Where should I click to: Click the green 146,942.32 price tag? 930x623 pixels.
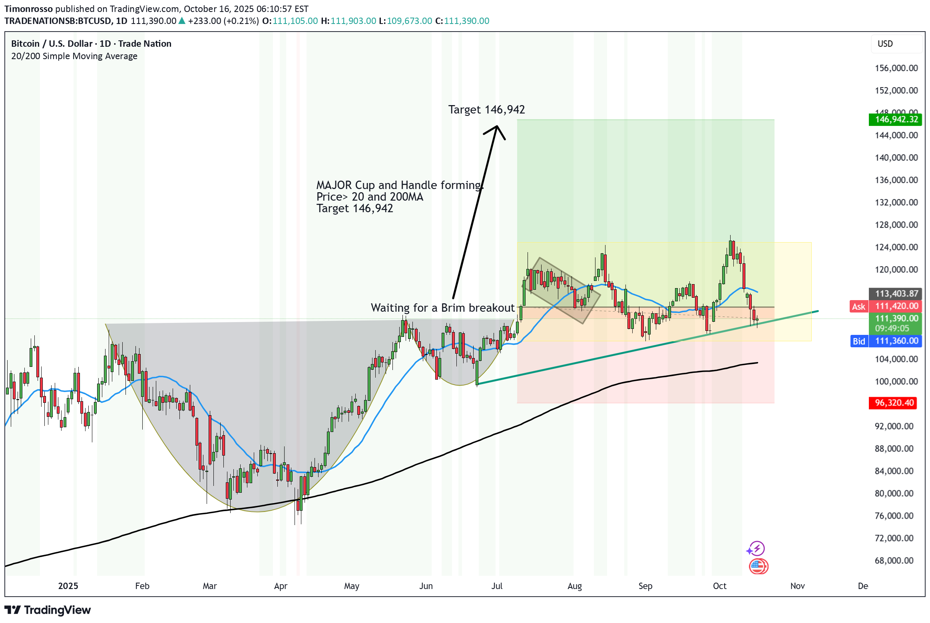(896, 119)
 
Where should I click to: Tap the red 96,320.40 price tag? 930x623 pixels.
(893, 403)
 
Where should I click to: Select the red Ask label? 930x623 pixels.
(858, 307)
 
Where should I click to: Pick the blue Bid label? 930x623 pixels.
(859, 341)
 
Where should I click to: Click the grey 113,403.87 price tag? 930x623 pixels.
(896, 294)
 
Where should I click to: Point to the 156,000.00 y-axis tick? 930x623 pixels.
(896, 68)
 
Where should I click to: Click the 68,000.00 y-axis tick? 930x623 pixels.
(894, 561)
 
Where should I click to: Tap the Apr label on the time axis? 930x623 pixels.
(281, 586)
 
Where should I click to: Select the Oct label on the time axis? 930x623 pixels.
(719, 586)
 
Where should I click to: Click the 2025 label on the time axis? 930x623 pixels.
(68, 586)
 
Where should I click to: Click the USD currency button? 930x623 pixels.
(885, 44)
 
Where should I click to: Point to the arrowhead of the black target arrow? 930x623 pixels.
(497, 127)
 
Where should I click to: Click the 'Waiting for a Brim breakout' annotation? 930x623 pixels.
(442, 308)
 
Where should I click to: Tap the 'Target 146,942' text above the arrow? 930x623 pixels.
(486, 109)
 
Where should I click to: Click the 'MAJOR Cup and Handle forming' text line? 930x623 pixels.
(400, 185)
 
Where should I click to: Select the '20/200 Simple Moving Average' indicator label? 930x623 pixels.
(74, 56)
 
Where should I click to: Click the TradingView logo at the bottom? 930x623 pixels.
(48, 610)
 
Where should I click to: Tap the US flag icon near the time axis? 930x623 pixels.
(758, 566)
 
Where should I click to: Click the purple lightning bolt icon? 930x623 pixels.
(757, 549)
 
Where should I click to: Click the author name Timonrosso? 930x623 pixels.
(28, 9)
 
